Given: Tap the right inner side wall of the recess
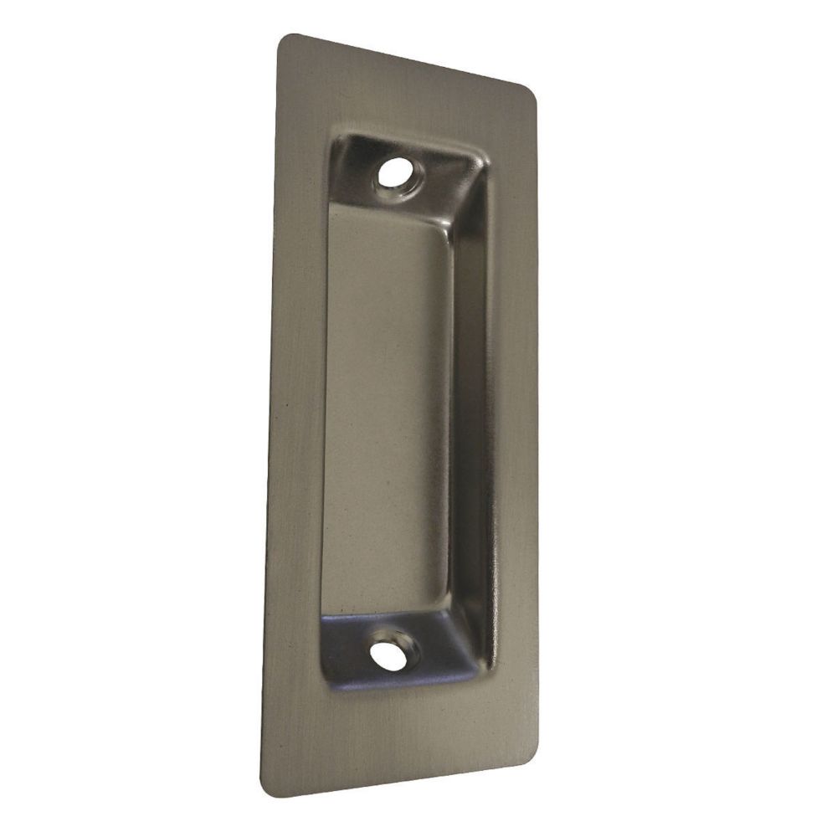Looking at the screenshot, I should (469, 418).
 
